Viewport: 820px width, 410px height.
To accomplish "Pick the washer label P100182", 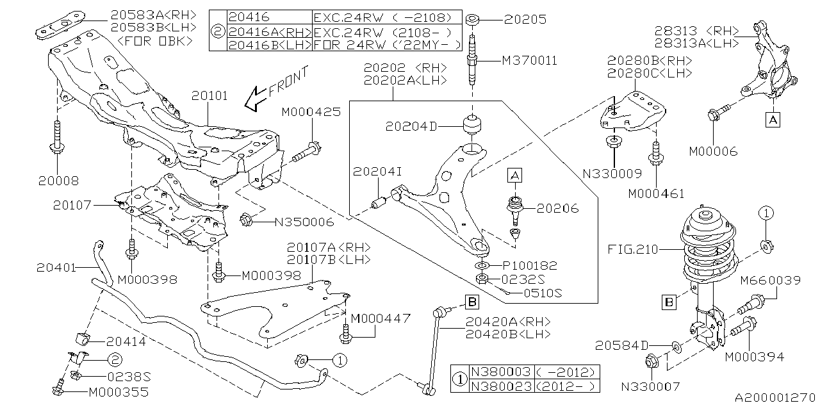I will click(x=530, y=265).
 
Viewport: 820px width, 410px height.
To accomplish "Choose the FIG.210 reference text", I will click(x=634, y=250).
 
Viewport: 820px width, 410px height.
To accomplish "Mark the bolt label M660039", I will click(x=771, y=280).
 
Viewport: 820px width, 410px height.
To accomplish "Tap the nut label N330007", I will click(x=650, y=386).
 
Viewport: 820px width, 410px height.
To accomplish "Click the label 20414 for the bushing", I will click(x=126, y=342).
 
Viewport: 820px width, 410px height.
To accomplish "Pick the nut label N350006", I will click(x=304, y=222).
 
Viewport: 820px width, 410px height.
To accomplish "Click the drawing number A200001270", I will click(x=774, y=398).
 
